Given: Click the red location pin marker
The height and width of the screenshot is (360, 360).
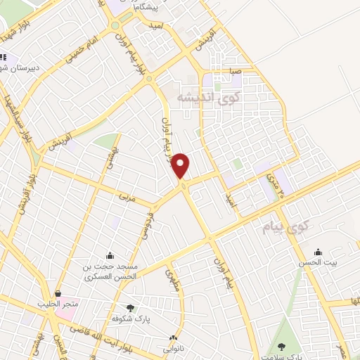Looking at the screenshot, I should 181,165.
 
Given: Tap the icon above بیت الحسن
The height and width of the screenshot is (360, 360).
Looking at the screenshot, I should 319,252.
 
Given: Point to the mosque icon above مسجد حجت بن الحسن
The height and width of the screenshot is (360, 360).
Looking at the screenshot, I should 109,256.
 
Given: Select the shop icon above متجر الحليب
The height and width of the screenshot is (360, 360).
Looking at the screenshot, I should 58,294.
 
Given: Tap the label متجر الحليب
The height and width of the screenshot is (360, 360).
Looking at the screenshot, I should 58,304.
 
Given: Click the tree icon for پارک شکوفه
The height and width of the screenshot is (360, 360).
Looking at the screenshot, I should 130,307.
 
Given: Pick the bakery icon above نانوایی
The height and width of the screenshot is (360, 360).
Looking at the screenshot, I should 173,338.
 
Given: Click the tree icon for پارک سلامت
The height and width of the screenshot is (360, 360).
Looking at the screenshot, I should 282,346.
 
